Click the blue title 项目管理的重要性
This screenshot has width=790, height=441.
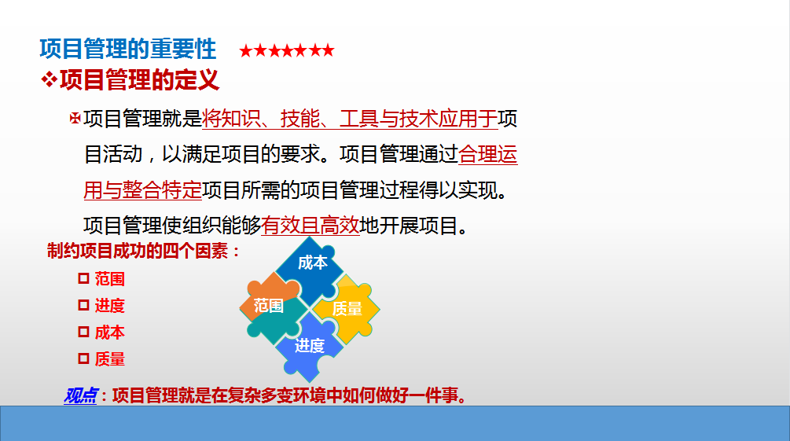tap(128, 50)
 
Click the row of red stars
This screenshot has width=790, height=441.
tap(287, 50)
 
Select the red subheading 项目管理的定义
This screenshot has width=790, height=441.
tap(140, 80)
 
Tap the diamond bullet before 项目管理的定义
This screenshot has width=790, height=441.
tap(49, 79)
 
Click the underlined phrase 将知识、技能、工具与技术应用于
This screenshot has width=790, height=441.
tap(350, 119)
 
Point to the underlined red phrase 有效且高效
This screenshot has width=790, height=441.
tap(310, 226)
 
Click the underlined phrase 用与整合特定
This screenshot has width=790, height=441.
tap(142, 190)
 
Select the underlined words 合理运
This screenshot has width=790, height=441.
tap(487, 154)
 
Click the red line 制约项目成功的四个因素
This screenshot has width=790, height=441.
tap(144, 251)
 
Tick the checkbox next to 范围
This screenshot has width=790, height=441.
tap(83, 278)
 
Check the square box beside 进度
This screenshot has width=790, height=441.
tap(83, 305)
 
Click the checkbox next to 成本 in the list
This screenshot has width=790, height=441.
tap(83, 332)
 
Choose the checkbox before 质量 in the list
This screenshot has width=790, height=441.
tap(83, 358)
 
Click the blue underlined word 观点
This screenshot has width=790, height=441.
tap(81, 395)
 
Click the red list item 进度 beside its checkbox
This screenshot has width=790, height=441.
tap(110, 306)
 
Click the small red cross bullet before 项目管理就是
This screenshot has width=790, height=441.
tap(75, 119)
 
